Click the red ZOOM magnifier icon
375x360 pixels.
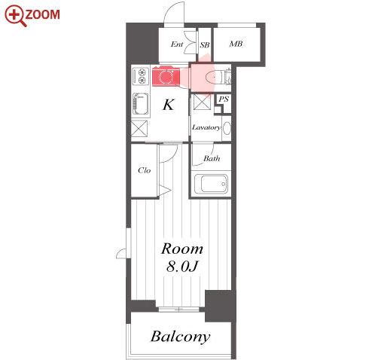coord(15,16)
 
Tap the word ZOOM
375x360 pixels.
coord(43,14)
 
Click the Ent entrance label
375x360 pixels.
coord(177,44)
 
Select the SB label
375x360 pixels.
coord(205,45)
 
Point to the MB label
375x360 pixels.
coord(236,44)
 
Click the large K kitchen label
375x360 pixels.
coord(169,105)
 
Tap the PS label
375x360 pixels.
coord(224,99)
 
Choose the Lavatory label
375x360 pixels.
coord(206,127)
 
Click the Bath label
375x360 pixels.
coord(212,158)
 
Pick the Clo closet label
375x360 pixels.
coord(145,170)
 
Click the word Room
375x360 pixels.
coord(182,249)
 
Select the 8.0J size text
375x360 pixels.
coord(182,267)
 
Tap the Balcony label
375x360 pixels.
coord(181,337)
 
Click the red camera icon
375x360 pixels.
coord(166,76)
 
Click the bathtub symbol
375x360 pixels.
coord(211,184)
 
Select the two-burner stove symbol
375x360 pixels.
coord(141,76)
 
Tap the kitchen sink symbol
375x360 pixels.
coord(140,104)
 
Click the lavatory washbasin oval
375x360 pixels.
coord(227,128)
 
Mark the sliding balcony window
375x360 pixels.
coord(179,309)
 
